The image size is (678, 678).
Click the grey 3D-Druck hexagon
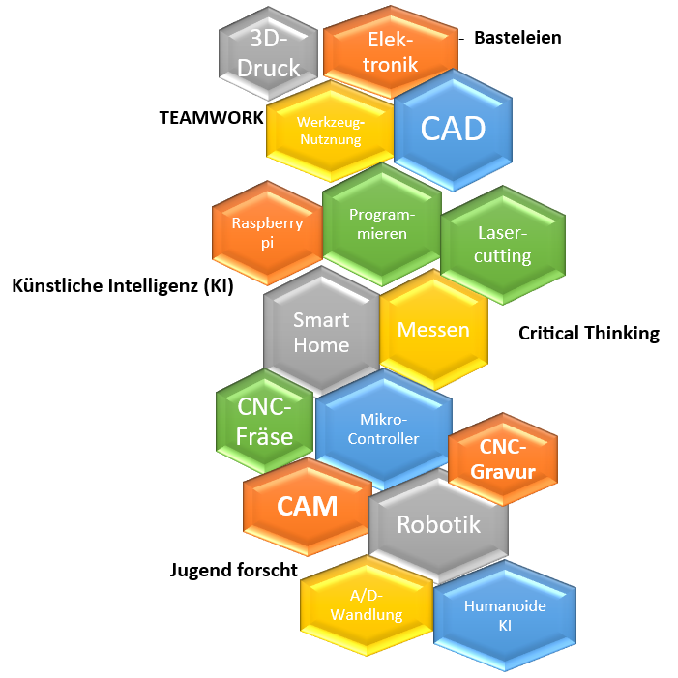pos(269,54)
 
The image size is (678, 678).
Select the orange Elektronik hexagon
pos(391,52)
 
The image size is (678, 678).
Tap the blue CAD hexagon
pos(454,128)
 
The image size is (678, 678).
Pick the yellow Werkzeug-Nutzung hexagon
pos(329,132)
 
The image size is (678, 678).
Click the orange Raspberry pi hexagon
pos(267,233)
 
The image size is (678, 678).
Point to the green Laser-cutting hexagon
pos(503,245)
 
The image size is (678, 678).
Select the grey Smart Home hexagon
pos(321,332)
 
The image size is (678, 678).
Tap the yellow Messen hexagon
pos(433,330)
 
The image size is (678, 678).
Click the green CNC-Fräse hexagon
pos(265,422)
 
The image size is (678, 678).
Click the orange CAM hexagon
pos(308,506)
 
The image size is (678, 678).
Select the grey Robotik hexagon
pos(438,525)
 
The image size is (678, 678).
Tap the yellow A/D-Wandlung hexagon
pos(366,605)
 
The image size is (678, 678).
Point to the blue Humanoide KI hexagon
pos(505,615)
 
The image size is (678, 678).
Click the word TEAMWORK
pos(211,117)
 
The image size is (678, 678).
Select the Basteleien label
pos(517,38)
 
